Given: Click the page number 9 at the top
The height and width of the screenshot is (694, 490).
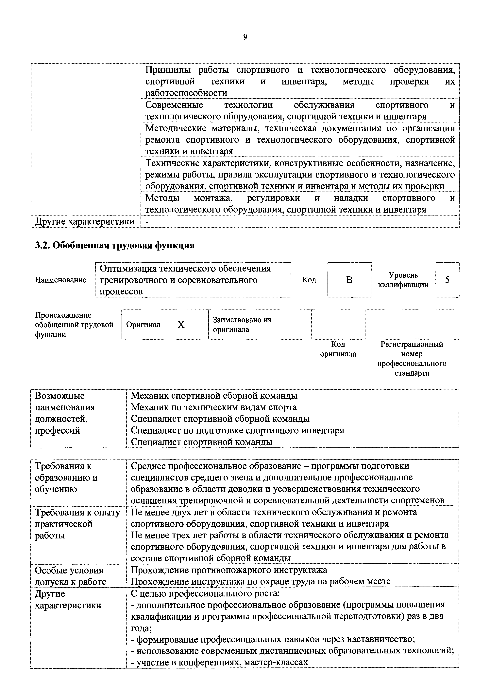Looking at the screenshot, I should click(245, 37).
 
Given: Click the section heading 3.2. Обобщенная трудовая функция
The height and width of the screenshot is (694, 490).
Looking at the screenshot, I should click(115, 245).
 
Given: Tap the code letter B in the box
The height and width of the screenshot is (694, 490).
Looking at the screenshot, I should click(349, 280).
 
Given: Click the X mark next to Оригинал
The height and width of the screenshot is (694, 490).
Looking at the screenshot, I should click(181, 325).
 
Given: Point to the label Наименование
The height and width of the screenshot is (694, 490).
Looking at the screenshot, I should click(61, 280).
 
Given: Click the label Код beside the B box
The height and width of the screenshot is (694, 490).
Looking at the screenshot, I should click(309, 280).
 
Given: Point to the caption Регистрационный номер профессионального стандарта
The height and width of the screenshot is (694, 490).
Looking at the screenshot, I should click(412, 359).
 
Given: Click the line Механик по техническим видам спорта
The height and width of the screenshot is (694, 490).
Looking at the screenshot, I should click(213, 407).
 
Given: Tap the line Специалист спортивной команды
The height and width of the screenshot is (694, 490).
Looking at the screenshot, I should click(201, 442).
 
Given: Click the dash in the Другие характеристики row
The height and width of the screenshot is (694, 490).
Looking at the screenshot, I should click(147, 222).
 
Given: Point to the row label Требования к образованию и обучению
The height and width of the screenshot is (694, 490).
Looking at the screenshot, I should click(66, 477).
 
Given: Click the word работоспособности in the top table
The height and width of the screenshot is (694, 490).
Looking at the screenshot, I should click(186, 93).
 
